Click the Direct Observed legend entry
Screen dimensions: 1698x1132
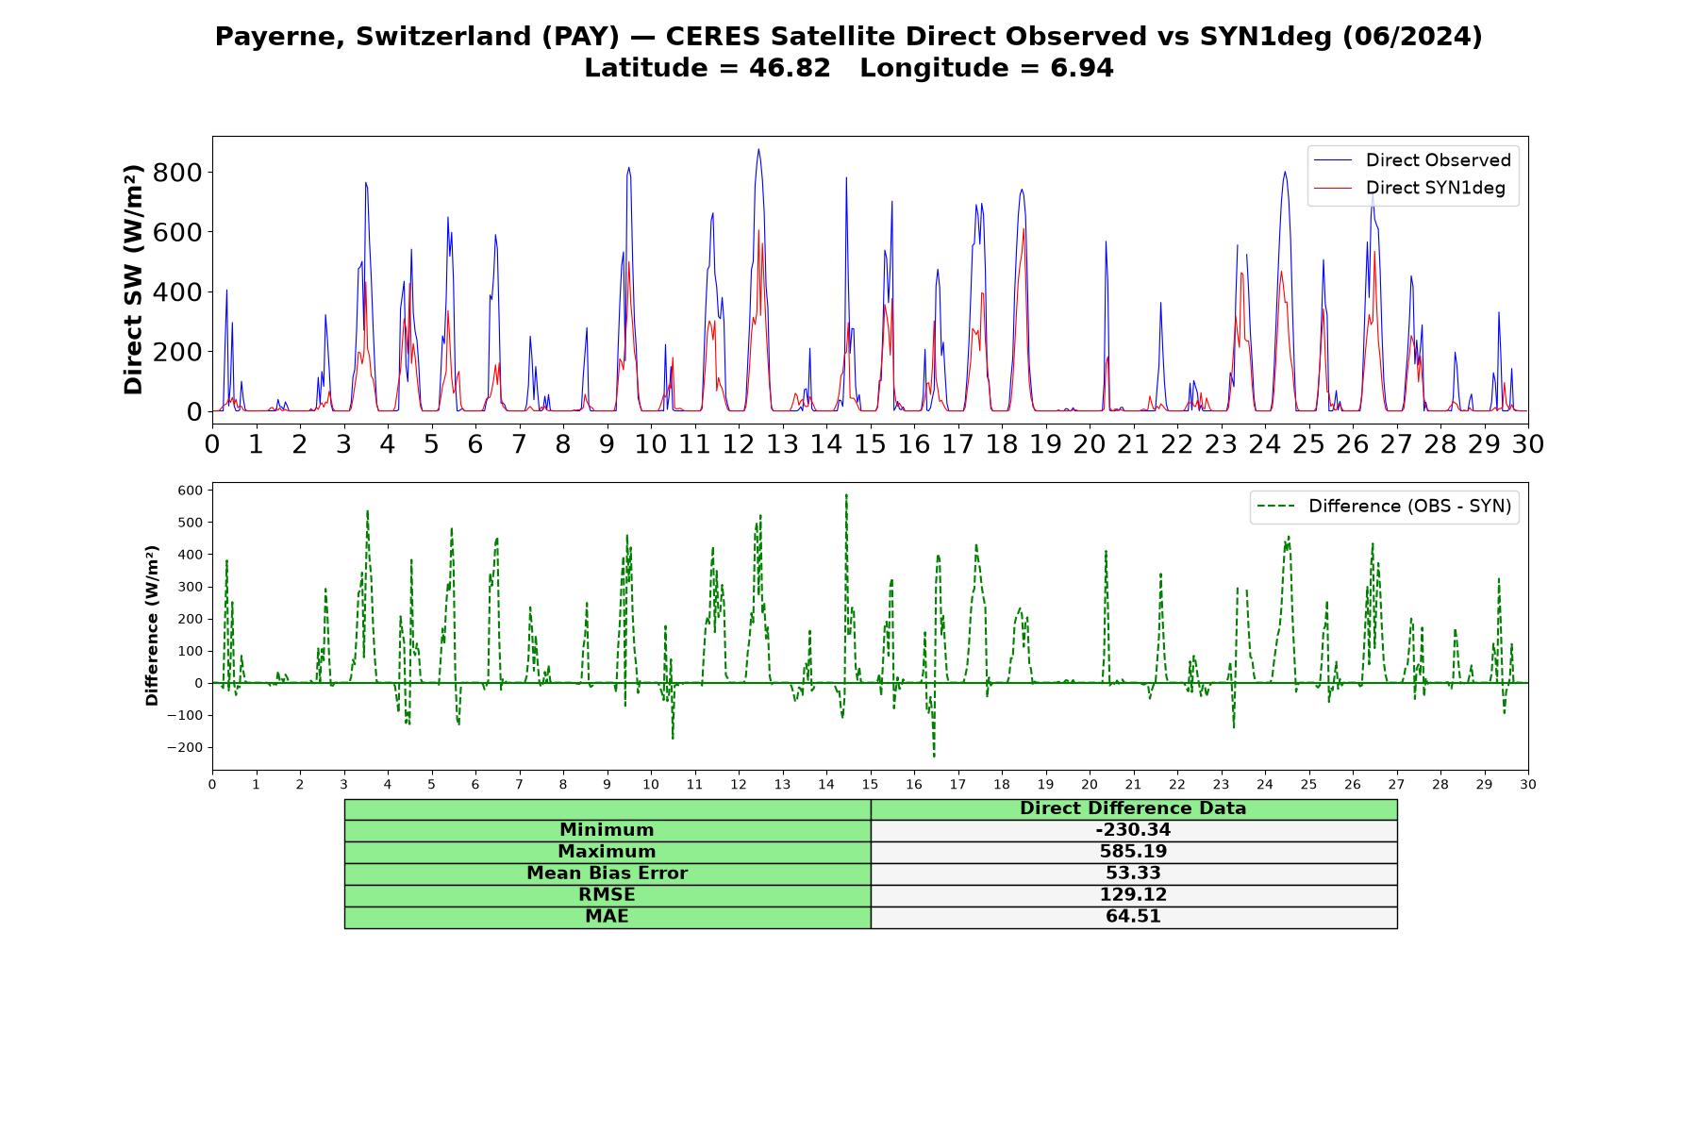[x=1412, y=160]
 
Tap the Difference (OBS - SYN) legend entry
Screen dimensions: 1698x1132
[x=1385, y=507]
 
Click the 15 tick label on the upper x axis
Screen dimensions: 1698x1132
[x=870, y=443]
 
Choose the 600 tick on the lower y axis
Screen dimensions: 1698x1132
[x=190, y=491]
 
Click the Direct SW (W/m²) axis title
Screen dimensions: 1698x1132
[x=133, y=279]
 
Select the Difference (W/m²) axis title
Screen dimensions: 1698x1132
[x=152, y=625]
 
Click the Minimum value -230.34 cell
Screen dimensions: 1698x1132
[x=1133, y=830]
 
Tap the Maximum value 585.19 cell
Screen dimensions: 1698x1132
[x=1133, y=852]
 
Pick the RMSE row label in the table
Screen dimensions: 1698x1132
[x=608, y=895]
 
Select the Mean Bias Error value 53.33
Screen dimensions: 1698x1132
[x=1133, y=874]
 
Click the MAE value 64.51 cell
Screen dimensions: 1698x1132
[x=1133, y=917]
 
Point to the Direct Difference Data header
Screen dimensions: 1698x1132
[x=1133, y=808]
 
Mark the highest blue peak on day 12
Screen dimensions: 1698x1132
[x=757, y=149]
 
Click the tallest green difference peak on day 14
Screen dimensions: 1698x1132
[x=846, y=494]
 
